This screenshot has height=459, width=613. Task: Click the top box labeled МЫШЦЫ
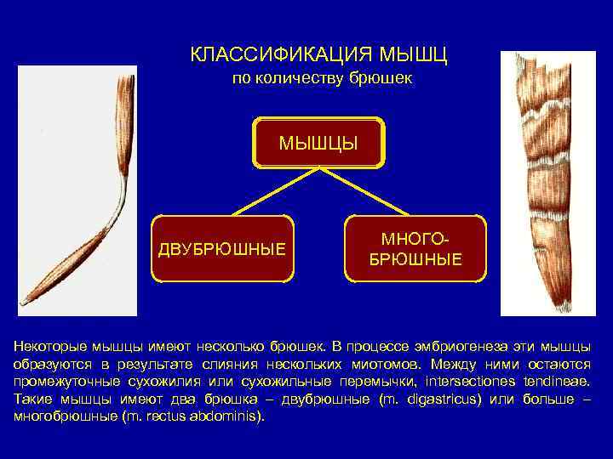tap(318, 140)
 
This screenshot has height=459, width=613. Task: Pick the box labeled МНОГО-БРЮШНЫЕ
tap(415, 248)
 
